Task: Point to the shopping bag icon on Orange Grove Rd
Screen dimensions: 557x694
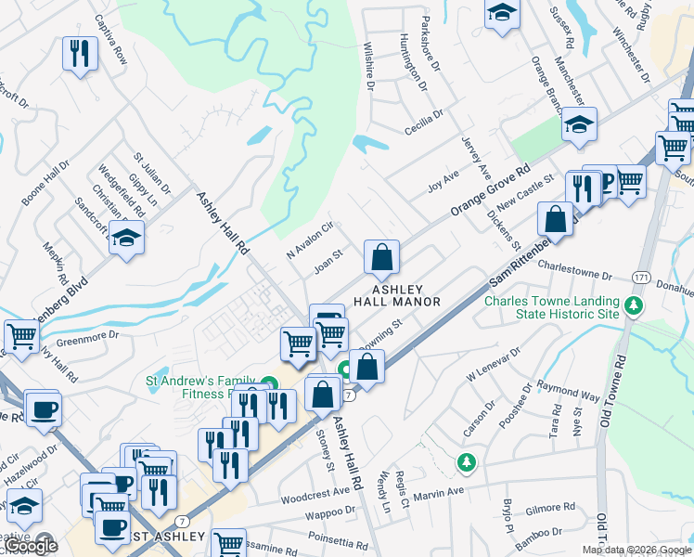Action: (x=381, y=257)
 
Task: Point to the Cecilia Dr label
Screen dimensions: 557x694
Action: (x=424, y=122)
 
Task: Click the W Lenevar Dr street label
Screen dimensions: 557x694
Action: (x=495, y=369)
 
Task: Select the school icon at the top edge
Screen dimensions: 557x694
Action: (x=502, y=14)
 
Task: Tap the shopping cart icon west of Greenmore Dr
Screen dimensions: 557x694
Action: (x=21, y=337)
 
